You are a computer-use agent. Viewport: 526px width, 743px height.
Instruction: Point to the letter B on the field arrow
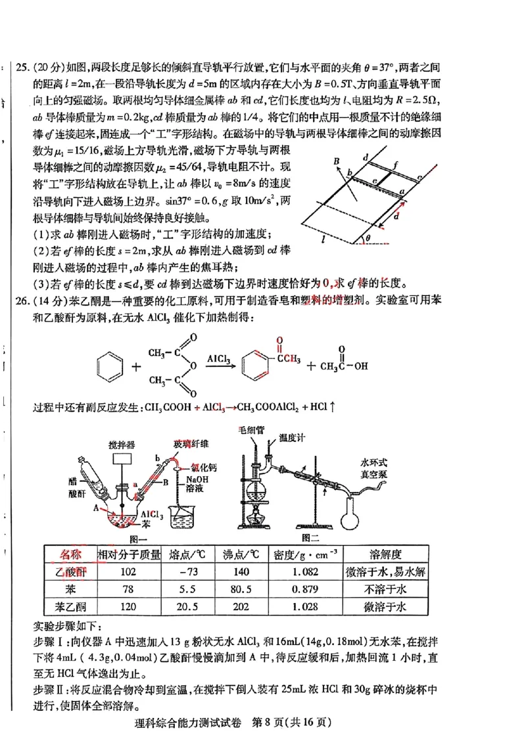coord(336,161)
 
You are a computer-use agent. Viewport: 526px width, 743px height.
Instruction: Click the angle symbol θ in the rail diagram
coord(368,237)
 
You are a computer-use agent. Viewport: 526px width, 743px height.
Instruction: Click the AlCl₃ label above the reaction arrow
coord(218,359)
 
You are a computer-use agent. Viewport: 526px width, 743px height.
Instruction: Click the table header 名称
coord(70,554)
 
